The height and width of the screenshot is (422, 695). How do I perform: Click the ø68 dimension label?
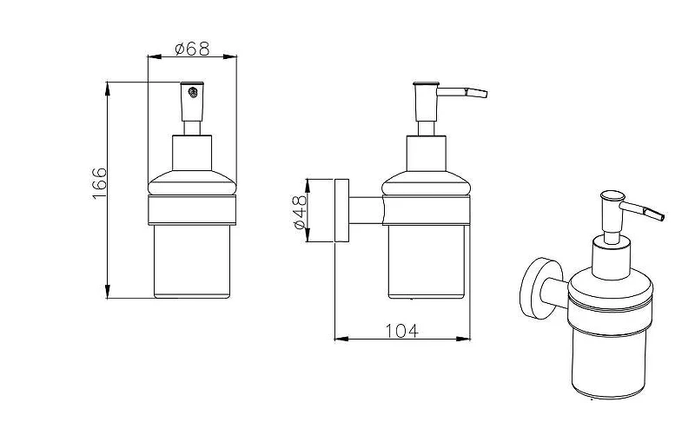[x=192, y=49]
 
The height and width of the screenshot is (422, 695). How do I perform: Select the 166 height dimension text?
[x=100, y=183]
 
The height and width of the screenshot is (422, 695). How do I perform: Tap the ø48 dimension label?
[x=300, y=212]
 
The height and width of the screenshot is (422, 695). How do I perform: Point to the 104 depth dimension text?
[x=401, y=330]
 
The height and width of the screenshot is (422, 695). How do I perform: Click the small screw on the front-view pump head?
[x=192, y=93]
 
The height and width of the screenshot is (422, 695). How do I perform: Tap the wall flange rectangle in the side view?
[x=341, y=211]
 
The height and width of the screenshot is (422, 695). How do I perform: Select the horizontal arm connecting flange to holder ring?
[x=366, y=211]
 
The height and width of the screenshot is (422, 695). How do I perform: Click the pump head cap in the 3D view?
[x=612, y=196]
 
